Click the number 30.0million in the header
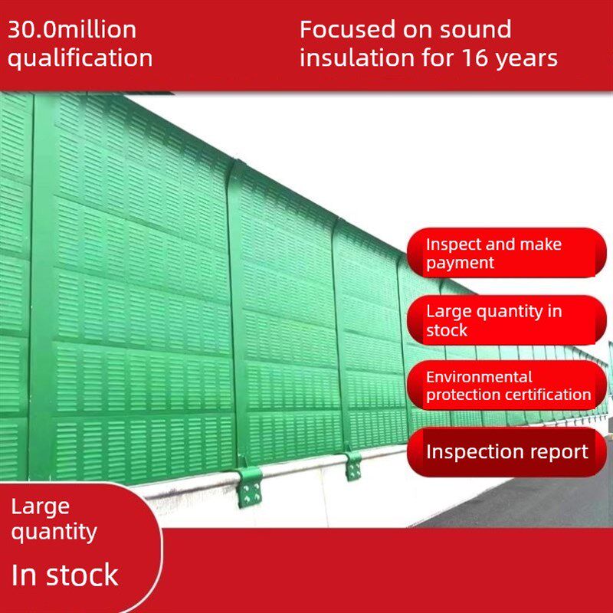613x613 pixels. click(72, 30)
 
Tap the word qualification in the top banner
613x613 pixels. click(80, 59)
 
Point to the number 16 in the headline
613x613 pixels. click(475, 57)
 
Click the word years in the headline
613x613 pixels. click(526, 60)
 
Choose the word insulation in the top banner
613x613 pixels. click(357, 57)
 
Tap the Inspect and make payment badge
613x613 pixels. click(506, 253)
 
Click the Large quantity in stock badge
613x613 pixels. click(506, 320)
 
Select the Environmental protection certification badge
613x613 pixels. click(506, 385)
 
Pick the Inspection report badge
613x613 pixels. click(506, 452)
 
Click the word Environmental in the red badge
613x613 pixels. click(480, 377)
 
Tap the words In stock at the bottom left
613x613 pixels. click(65, 575)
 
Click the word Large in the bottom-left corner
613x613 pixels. click(41, 508)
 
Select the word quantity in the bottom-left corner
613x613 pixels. click(54, 533)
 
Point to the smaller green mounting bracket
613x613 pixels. click(353, 466)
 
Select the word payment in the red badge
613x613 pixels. click(461, 263)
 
